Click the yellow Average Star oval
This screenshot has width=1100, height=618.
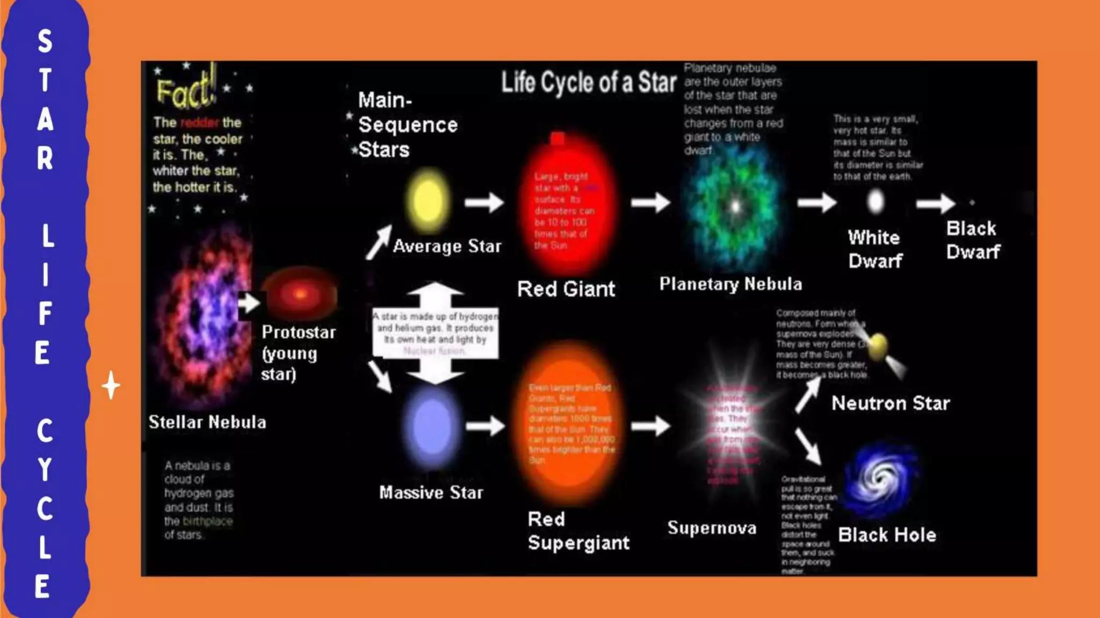428,201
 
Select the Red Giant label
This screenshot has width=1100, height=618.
566,289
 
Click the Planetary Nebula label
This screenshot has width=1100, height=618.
730,284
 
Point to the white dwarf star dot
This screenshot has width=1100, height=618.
875,202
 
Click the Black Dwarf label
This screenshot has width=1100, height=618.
973,240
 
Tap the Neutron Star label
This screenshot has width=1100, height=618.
891,403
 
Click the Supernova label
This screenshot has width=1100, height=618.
712,528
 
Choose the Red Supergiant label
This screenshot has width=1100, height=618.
578,531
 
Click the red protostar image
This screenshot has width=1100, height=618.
301,294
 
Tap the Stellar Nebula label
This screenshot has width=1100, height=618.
207,422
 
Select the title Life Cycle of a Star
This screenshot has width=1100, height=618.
589,83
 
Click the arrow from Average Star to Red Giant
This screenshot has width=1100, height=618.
484,202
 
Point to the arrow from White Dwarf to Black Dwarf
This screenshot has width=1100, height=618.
935,203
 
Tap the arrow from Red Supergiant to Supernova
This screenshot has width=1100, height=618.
650,426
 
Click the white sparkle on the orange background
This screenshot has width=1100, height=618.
111,385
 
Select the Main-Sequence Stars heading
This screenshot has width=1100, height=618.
408,125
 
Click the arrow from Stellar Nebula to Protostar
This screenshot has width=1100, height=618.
249,302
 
